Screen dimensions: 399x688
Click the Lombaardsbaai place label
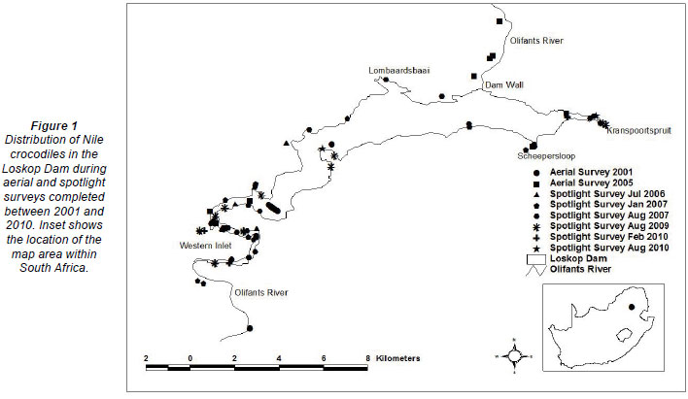[x=399, y=71]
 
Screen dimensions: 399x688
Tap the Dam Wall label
[x=504, y=85]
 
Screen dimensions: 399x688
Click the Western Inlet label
[x=202, y=245]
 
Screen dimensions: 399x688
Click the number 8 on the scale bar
[x=367, y=358]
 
